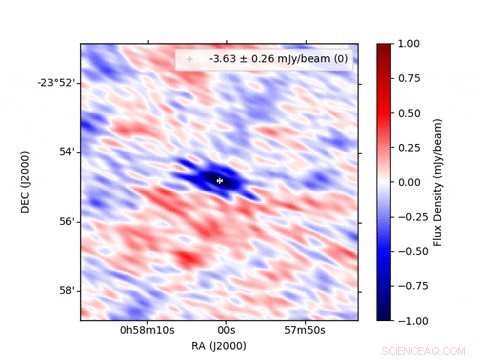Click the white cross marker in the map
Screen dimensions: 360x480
[x=219, y=180]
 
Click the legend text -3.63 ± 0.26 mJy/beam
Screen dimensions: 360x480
[x=278, y=60]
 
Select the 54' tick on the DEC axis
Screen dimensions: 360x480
[x=66, y=151]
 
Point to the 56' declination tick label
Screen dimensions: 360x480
[x=66, y=220]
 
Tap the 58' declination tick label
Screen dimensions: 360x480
[x=66, y=290]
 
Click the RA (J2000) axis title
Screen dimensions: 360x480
[x=219, y=345]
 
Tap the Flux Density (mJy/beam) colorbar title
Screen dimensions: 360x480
[x=438, y=182]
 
